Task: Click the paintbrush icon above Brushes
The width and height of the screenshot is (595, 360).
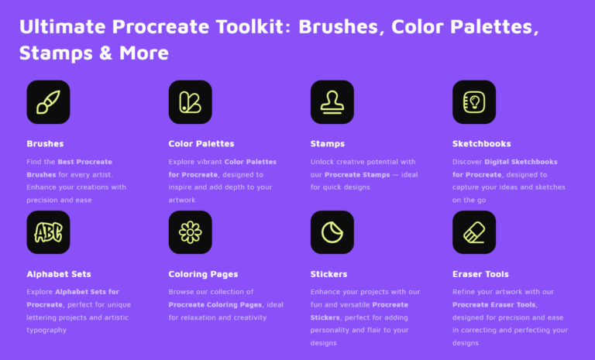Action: coord(48,101)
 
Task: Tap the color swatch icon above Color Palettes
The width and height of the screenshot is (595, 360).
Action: coord(190,101)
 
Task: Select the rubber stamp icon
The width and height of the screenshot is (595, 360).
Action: coord(332,101)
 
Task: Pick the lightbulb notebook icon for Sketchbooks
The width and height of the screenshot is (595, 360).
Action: coord(473,101)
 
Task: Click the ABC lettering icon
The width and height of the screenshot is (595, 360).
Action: coord(48,232)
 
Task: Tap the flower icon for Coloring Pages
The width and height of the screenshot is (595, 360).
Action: coord(190,232)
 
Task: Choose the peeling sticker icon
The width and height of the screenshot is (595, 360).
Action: coord(332,232)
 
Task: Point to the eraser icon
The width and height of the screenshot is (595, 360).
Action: coord(473,232)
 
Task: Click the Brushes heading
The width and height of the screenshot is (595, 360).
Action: coord(45,143)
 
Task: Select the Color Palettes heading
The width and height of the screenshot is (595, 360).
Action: coord(201,143)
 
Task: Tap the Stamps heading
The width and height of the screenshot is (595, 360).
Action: coord(328,143)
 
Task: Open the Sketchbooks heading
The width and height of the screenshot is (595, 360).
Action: coord(481,143)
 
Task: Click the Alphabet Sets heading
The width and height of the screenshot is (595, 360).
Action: coord(59,274)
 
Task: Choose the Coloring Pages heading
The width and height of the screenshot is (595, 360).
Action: coord(203,274)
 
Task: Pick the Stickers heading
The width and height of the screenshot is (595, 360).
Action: coord(328,274)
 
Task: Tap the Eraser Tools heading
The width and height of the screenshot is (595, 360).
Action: coord(480,274)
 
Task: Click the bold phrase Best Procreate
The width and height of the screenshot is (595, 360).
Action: coord(84,162)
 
